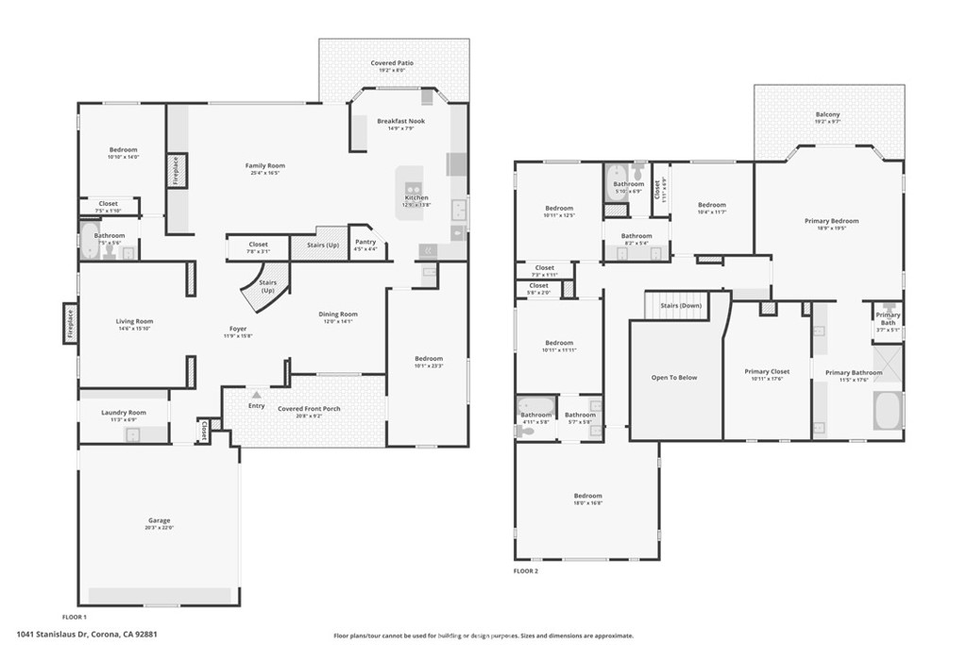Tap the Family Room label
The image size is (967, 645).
265,166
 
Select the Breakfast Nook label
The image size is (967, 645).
400,121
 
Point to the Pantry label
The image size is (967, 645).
365,242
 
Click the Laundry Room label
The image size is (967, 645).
124,413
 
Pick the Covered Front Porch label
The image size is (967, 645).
309,408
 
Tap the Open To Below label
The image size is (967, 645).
674,378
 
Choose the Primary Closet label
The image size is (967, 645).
767,372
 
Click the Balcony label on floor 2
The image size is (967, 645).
827,115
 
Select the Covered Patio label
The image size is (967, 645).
392,63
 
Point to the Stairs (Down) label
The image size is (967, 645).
681,306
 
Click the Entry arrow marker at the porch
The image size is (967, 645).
256,394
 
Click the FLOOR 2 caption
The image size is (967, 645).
526,571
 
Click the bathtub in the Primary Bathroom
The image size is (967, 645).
888,412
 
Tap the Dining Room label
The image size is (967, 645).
337,314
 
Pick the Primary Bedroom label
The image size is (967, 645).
831,221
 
